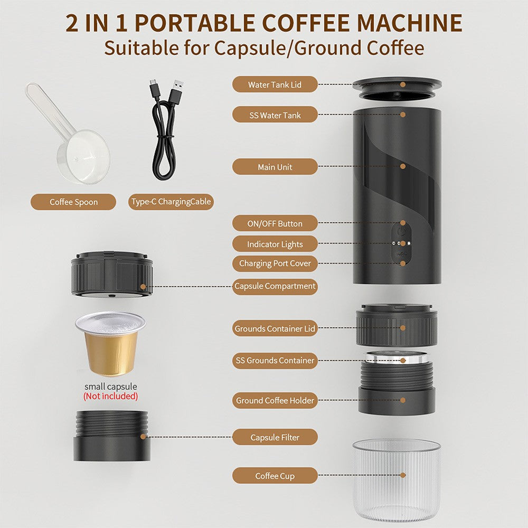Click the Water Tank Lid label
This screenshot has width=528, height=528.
pyautogui.click(x=275, y=84)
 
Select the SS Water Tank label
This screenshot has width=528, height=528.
pyautogui.click(x=275, y=115)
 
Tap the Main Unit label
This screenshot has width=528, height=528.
pyautogui.click(x=275, y=167)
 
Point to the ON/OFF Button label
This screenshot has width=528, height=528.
pyautogui.click(x=275, y=223)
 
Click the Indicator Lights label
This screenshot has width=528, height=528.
pyautogui.click(x=275, y=244)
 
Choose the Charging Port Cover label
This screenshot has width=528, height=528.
pyautogui.click(x=275, y=263)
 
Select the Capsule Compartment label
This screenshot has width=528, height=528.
pyautogui.click(x=275, y=286)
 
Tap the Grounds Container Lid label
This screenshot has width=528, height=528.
pyautogui.click(x=275, y=328)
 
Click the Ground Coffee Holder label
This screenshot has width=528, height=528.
pyautogui.click(x=275, y=400)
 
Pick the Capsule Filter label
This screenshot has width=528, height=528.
pyautogui.click(x=275, y=437)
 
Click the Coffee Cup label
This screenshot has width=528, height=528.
pyautogui.click(x=275, y=476)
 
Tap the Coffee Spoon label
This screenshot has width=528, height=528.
pyautogui.click(x=73, y=202)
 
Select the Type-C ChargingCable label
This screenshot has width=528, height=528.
pyautogui.click(x=171, y=202)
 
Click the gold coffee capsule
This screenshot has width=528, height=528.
pyautogui.click(x=111, y=343)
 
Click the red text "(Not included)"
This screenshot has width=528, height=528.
pyautogui.click(x=110, y=396)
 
